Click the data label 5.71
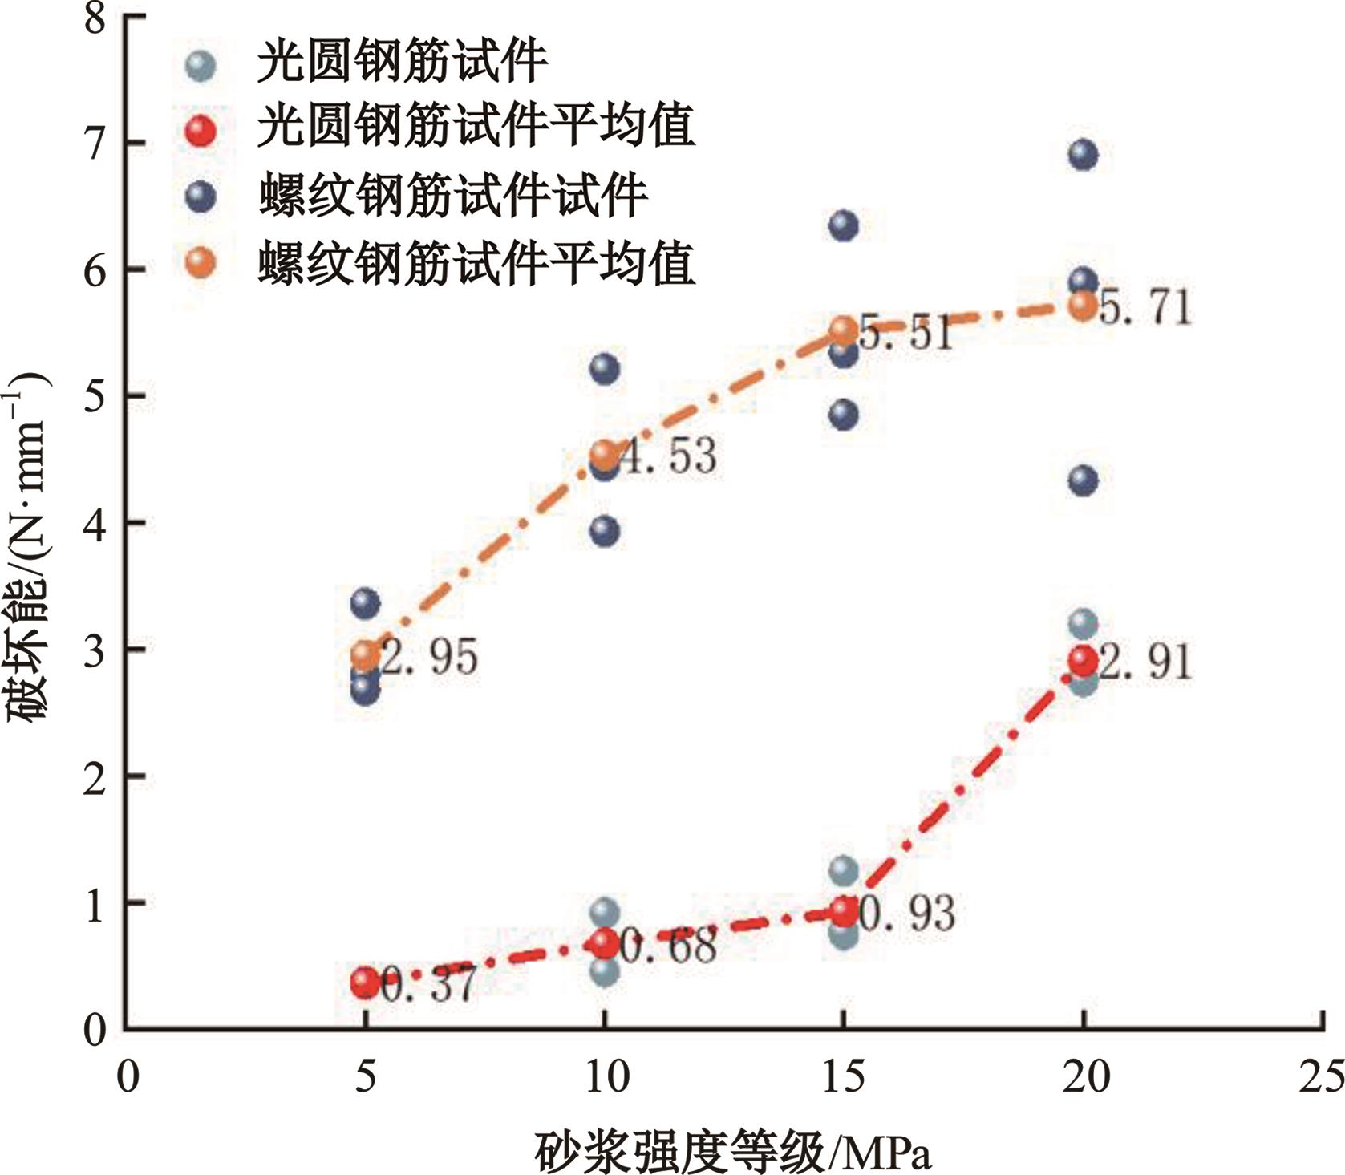pos(1145,308)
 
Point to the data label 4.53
pos(668,456)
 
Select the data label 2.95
pos(429,657)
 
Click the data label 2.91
pos(1145,662)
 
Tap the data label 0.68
pos(668,946)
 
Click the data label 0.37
pos(429,985)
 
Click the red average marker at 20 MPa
pos(1083,661)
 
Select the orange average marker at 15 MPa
pos(844,330)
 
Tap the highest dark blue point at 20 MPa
pos(1083,155)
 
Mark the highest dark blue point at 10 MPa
pos(605,368)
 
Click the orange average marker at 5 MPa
pos(366,655)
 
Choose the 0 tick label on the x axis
pos(127,1076)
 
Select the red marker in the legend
pos(200,131)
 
